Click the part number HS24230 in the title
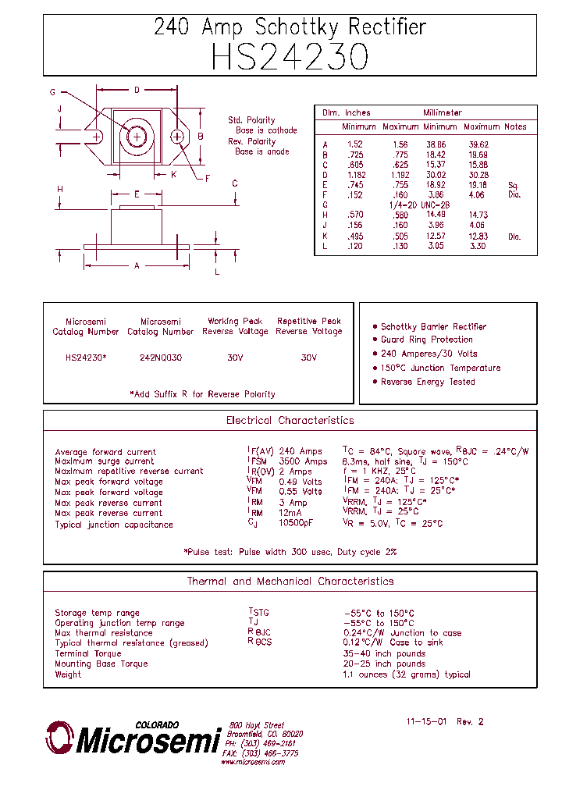pos(290,57)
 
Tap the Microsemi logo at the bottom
pos(133,738)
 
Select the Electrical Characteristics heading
pos(290,421)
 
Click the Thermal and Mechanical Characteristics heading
pos(290,582)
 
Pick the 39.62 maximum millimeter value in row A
pos(478,144)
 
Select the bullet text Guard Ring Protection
pos(427,340)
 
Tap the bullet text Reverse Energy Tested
pos(428,382)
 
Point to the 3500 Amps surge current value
pos(303,461)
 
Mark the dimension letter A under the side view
pos(137,266)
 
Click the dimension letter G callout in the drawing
pos(53,92)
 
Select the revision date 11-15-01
pos(427,721)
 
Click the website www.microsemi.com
pos(252,762)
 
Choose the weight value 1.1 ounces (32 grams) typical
pos(406,674)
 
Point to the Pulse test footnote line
pos(290,552)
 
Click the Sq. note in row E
pos(513,185)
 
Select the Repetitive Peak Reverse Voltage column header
pos(309,326)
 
